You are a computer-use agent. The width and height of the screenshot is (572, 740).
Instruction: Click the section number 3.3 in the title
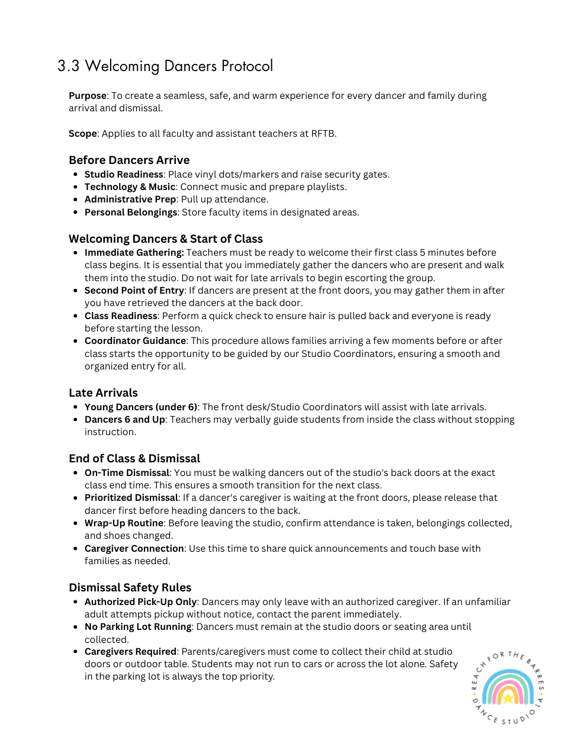click(x=68, y=66)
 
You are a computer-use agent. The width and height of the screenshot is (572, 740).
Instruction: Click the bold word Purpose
click(x=88, y=96)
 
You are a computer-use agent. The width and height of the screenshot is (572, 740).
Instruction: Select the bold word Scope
click(x=82, y=134)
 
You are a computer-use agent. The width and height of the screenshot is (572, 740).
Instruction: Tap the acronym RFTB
click(x=323, y=134)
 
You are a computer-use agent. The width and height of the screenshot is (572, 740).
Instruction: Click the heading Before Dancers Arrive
click(x=129, y=160)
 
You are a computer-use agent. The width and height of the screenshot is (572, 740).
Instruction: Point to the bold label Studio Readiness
click(x=124, y=175)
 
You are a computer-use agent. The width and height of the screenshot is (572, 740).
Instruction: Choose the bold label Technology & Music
click(x=130, y=187)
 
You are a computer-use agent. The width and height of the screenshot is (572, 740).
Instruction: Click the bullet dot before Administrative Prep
click(x=76, y=200)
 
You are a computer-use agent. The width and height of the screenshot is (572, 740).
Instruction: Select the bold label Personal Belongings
click(x=131, y=213)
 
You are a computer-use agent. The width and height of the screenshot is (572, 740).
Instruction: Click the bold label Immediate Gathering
click(x=134, y=253)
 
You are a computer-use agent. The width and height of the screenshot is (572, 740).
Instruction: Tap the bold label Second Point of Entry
click(x=134, y=291)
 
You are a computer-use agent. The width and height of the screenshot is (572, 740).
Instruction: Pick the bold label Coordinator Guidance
click(x=135, y=341)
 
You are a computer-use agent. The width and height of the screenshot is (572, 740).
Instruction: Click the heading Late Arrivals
click(x=103, y=393)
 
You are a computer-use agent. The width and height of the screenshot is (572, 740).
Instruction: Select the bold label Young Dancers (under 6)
click(x=141, y=407)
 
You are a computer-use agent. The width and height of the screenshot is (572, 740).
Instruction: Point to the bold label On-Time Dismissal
click(x=127, y=473)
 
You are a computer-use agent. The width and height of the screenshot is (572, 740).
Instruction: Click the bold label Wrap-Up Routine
click(x=124, y=523)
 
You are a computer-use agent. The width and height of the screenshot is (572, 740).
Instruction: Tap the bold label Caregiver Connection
click(x=134, y=549)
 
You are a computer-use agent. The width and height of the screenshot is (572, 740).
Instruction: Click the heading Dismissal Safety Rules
click(x=130, y=588)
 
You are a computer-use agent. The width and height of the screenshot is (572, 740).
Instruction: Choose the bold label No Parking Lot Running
click(x=138, y=627)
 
